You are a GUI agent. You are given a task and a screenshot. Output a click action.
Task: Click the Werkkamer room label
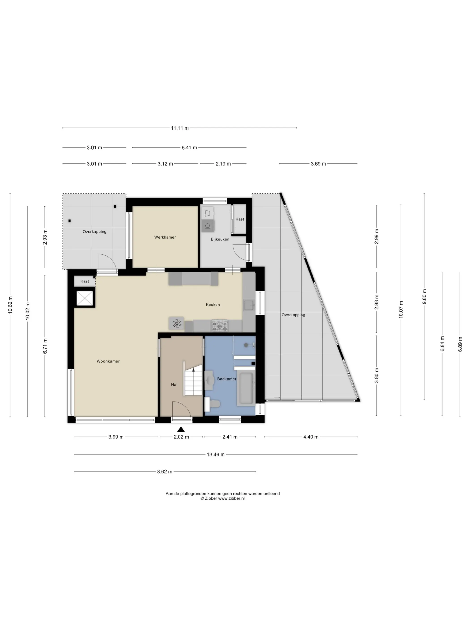pyautogui.click(x=165, y=237)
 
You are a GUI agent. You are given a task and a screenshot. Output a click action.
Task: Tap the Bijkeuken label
pyautogui.click(x=220, y=239)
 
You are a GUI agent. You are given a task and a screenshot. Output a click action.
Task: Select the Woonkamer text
pyautogui.click(x=108, y=361)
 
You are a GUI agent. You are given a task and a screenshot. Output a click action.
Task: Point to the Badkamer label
pyautogui.click(x=227, y=379)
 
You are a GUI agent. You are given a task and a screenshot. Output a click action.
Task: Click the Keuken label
pyautogui.click(x=213, y=305)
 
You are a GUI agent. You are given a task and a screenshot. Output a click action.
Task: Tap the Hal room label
pyautogui.click(x=174, y=385)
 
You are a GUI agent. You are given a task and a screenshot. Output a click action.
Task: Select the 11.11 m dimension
pyautogui.click(x=180, y=128)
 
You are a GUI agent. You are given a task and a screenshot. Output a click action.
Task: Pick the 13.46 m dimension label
pyautogui.click(x=216, y=455)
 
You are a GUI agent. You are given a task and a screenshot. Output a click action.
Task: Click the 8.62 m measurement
pyautogui.click(x=164, y=472)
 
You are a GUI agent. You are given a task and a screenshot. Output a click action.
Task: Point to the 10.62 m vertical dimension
pyautogui.click(x=10, y=305)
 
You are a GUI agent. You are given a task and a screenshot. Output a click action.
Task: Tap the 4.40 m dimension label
pyautogui.click(x=311, y=437)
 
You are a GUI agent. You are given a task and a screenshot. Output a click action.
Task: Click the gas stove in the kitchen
pyautogui.click(x=220, y=326)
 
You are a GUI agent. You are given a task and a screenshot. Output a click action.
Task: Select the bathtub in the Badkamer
pyautogui.click(x=246, y=388)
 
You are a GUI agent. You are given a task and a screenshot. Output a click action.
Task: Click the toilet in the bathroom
pyautogui.click(x=212, y=404)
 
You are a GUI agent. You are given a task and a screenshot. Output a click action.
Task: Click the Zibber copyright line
pyautogui.click(x=222, y=506)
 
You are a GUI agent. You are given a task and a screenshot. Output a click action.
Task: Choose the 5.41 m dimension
pyautogui.click(x=189, y=147)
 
